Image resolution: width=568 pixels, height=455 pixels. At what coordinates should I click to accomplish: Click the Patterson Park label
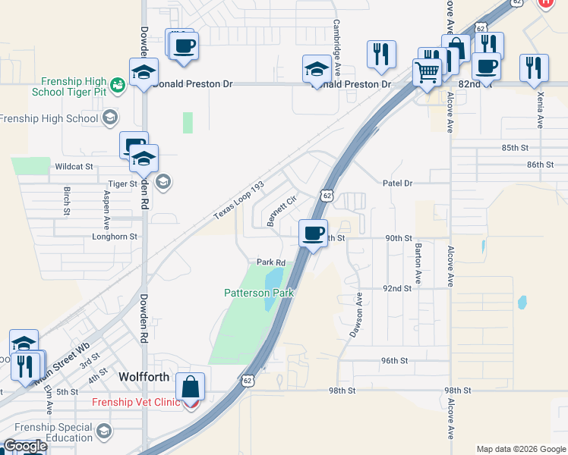258,293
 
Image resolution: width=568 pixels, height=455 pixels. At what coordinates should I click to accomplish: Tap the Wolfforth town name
149,376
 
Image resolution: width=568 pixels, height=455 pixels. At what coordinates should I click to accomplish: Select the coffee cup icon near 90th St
313,233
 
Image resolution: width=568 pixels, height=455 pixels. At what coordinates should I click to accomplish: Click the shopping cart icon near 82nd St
427,74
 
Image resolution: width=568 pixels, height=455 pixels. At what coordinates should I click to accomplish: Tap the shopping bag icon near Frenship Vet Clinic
191,387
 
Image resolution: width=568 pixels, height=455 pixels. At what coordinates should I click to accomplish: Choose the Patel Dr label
396,184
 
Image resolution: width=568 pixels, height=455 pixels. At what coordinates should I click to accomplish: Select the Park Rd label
270,262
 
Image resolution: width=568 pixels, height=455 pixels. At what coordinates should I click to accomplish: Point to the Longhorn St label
114,237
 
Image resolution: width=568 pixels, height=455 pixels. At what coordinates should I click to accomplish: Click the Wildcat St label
74,166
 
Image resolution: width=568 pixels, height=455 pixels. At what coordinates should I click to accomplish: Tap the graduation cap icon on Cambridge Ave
317,70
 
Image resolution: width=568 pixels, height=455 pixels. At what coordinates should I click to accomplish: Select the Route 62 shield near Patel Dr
327,196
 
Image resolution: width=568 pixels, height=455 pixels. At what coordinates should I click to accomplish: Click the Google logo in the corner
24,447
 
